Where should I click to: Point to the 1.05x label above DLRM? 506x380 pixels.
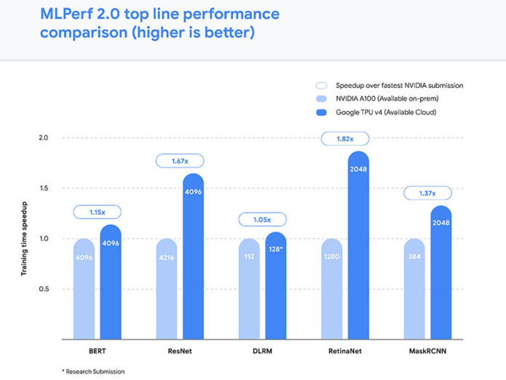click(262, 219)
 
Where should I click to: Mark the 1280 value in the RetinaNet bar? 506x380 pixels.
click(332, 257)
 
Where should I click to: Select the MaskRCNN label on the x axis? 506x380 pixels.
click(428, 351)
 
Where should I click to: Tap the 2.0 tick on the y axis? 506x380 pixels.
click(43, 138)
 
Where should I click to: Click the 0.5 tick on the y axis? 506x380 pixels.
click(43, 289)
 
